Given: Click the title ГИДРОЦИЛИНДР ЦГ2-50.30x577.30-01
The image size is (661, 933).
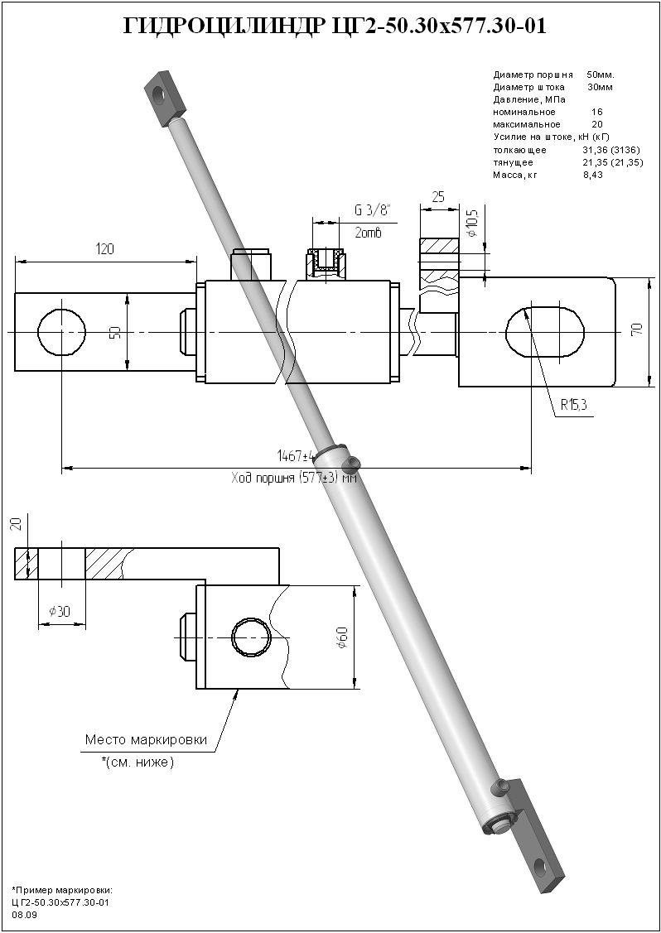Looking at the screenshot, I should point(335,27).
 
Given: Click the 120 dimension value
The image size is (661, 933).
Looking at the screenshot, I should point(104,249).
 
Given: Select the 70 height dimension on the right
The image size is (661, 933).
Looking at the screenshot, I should point(636,329).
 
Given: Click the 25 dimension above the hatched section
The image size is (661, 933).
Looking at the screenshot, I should point(438,197).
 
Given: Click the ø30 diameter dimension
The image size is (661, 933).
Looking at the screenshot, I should point(60,611).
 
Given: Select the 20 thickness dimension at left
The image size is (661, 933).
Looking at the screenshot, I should point(16,525).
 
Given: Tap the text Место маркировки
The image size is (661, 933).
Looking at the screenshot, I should point(146,739).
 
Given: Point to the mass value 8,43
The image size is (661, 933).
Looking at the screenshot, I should point(592,175).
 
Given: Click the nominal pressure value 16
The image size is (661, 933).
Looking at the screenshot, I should point(597,111).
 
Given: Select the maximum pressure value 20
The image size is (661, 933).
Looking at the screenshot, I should point(597,124).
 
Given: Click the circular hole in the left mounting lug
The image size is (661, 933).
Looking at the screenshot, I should point(61,332).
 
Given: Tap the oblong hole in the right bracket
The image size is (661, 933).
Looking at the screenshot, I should point(543,332).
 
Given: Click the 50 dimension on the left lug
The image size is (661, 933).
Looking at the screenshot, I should point(116,333).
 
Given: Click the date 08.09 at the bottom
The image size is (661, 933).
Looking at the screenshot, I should point(24,915).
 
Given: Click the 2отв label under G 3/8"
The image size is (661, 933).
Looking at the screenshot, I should point(368,233).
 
